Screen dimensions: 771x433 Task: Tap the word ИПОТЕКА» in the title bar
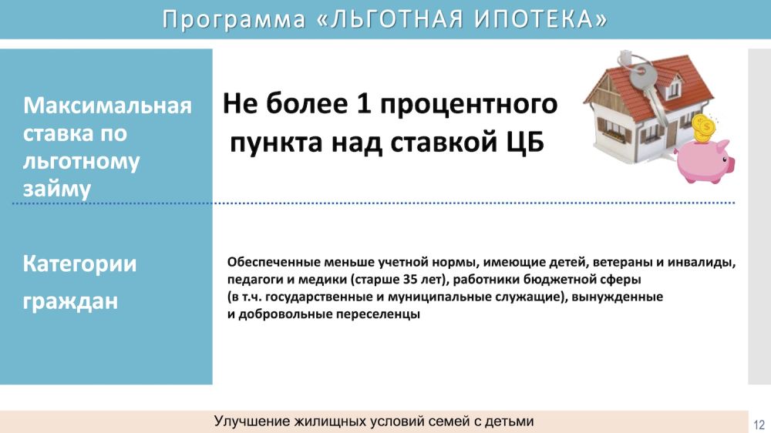[541, 19]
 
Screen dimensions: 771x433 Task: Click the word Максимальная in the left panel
[107, 106]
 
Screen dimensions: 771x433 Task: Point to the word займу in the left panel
[57, 190]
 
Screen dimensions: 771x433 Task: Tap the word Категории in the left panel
[79, 264]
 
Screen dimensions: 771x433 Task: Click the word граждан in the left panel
[70, 300]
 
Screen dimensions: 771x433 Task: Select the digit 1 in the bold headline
[363, 104]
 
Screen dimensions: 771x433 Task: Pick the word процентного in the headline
[469, 106]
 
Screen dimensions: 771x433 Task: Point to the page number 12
[759, 425]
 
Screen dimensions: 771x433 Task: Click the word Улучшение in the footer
[252, 421]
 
